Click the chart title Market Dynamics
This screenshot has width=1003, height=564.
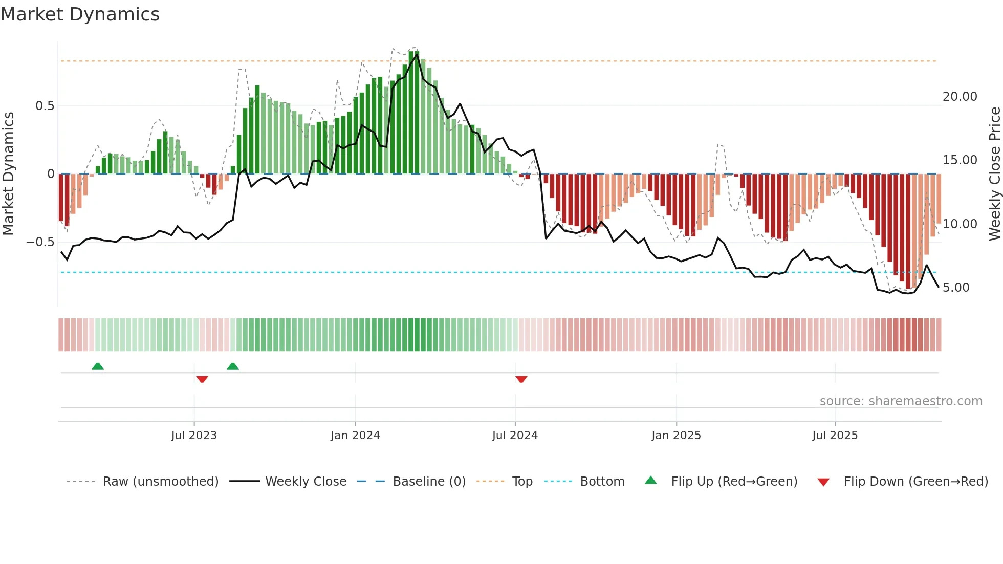[x=80, y=14]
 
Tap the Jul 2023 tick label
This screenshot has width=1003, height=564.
[x=194, y=436]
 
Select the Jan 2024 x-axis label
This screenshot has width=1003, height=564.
[x=355, y=436]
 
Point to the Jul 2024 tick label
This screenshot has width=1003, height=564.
[x=515, y=436]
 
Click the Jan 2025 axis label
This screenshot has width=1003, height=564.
[x=676, y=436]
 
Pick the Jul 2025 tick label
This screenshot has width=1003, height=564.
[x=835, y=436]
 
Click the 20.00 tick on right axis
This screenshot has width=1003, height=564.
[x=960, y=97]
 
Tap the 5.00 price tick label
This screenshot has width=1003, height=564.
[x=956, y=288]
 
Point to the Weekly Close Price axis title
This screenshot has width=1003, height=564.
[x=994, y=173]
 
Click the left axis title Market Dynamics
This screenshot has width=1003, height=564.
[x=8, y=173]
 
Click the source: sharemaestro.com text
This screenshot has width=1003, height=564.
[x=901, y=401]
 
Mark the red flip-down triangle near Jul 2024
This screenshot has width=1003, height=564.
[x=521, y=379]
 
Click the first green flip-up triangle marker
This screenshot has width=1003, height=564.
[x=98, y=366]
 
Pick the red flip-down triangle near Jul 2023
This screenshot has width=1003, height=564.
[x=202, y=379]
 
